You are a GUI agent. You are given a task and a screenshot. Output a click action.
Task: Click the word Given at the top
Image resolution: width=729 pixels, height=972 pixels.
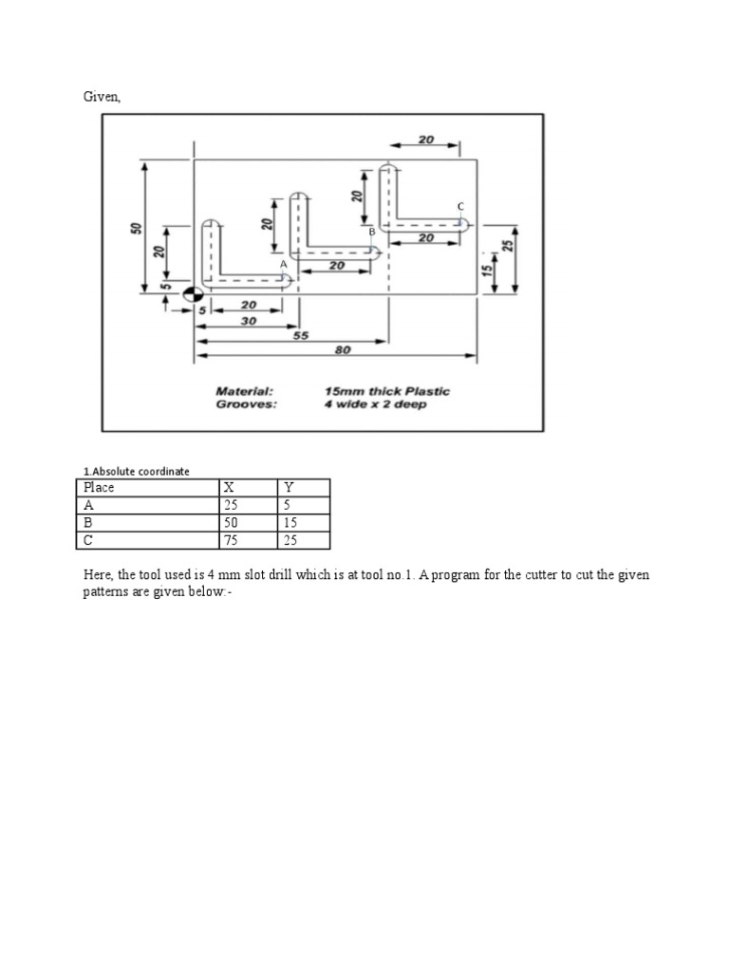pyautogui.click(x=100, y=96)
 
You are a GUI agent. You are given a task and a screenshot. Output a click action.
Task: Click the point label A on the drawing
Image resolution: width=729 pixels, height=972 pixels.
pyautogui.click(x=283, y=264)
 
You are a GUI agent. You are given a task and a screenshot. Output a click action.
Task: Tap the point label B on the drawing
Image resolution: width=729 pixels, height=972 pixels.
pyautogui.click(x=372, y=232)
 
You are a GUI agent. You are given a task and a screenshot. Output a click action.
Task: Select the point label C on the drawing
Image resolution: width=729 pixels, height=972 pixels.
pyautogui.click(x=460, y=206)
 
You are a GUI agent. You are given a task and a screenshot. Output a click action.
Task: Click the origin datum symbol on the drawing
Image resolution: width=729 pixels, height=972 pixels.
pyautogui.click(x=194, y=296)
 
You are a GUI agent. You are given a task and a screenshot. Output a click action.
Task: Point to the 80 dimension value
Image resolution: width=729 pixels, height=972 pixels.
pyautogui.click(x=343, y=350)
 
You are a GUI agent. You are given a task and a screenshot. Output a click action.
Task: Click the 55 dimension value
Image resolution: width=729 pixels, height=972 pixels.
pyautogui.click(x=302, y=335)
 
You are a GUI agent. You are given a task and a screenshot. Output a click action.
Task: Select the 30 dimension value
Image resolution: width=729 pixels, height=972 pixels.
pyautogui.click(x=249, y=321)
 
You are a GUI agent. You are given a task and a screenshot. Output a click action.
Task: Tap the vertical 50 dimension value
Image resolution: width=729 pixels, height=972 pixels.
pyautogui.click(x=137, y=228)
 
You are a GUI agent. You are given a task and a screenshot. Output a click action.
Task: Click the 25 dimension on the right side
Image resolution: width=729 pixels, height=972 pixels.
pyautogui.click(x=508, y=245)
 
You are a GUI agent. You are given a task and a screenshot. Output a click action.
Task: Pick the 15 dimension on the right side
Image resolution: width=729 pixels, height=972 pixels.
pyautogui.click(x=487, y=271)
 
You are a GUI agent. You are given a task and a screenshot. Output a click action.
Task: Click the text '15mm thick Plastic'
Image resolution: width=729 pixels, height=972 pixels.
pyautogui.click(x=386, y=391)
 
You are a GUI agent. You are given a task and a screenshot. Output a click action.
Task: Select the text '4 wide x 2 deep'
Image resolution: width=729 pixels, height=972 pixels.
pyautogui.click(x=375, y=403)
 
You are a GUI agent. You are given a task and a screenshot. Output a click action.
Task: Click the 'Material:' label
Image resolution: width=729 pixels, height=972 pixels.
pyautogui.click(x=244, y=391)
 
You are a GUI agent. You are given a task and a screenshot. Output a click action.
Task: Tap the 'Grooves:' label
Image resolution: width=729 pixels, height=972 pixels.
pyautogui.click(x=246, y=403)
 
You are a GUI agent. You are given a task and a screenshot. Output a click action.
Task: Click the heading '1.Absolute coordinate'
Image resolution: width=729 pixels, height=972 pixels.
pyautogui.click(x=136, y=471)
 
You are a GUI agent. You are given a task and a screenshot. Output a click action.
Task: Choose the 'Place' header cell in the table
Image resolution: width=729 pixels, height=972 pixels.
pyautogui.click(x=99, y=488)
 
